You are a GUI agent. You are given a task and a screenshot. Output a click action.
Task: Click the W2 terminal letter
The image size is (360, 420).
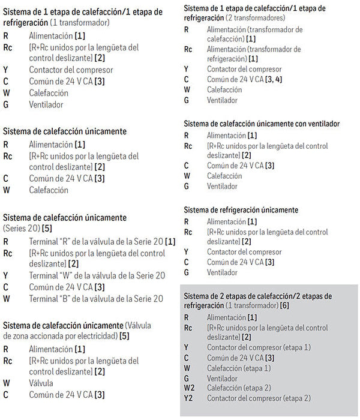188,388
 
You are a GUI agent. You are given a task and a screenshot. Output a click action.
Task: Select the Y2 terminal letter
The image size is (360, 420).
188,398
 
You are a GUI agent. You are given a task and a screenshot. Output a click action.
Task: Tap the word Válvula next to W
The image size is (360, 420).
41,382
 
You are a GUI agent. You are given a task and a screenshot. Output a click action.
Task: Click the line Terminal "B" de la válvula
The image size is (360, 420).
96,298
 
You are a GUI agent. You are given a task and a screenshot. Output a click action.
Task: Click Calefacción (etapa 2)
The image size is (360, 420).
239,388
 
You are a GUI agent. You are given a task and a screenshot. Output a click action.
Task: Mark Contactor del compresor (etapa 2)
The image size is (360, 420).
259,398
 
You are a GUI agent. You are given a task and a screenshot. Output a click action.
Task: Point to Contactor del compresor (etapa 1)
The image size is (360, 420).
259,347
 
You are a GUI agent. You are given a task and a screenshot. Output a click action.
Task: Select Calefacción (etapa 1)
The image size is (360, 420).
239,368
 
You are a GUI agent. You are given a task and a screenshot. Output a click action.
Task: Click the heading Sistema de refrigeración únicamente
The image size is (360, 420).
249,210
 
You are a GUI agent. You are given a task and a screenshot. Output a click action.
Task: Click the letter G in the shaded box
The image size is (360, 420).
187,378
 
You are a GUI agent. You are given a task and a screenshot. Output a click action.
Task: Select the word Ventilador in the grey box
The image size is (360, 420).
222,378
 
